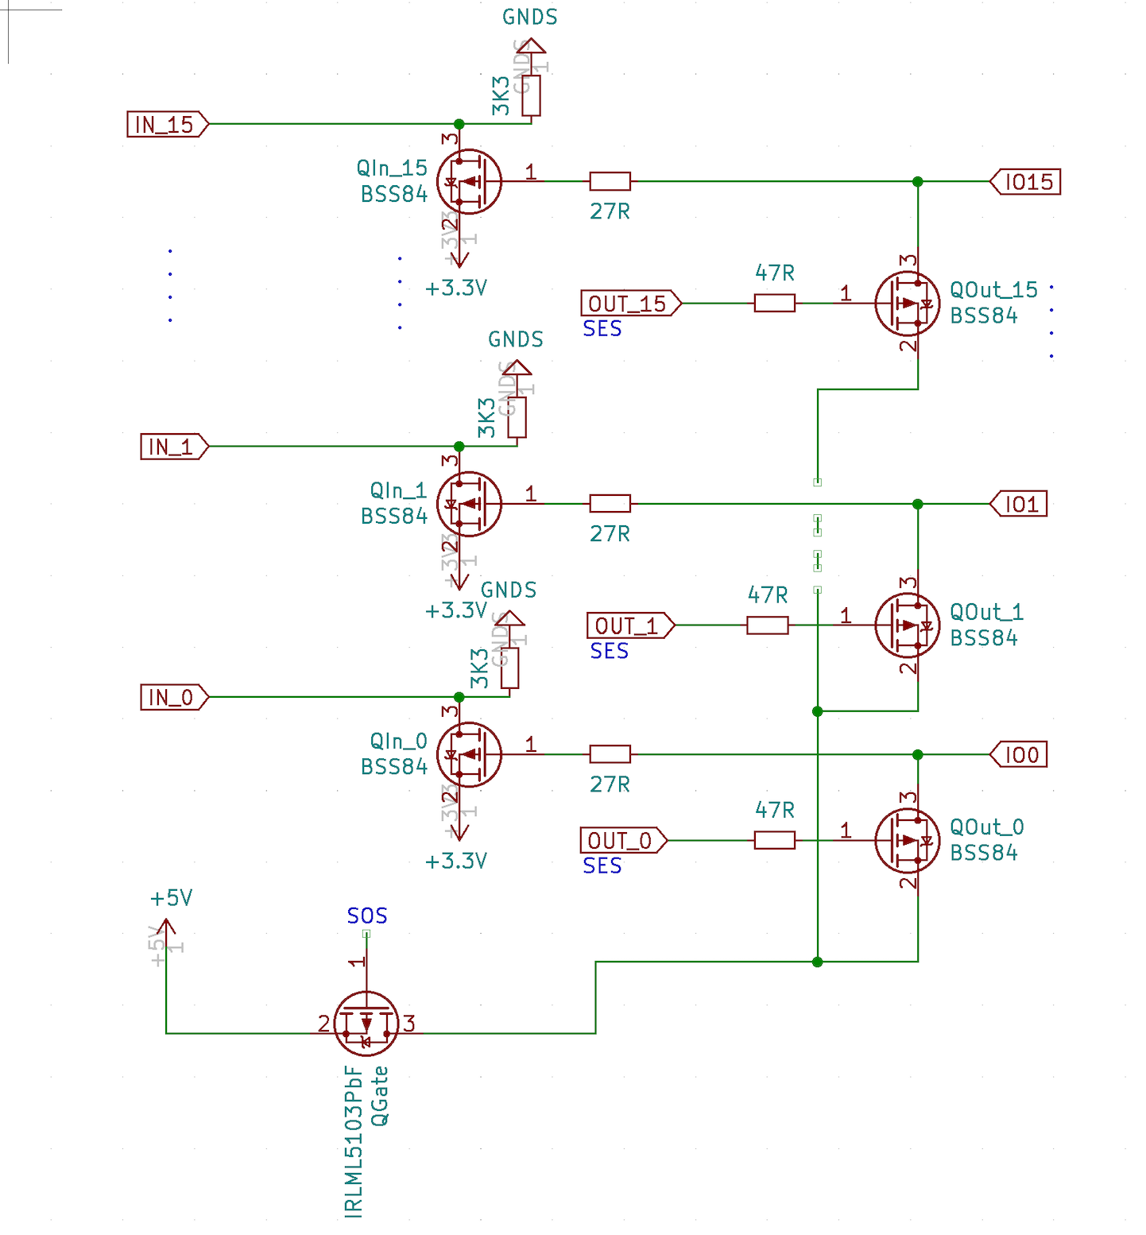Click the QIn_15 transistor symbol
469,182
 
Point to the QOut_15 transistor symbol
907,304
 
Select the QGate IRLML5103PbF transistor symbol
366,1024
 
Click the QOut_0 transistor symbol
907,840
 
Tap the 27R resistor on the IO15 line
610,182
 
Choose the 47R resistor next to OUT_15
775,304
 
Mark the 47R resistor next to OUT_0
775,840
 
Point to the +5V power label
172,899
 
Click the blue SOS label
367,916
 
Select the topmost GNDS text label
530,17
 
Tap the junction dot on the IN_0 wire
459,697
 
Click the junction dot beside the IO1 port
918,504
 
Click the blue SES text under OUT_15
602,329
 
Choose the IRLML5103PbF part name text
354,1141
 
